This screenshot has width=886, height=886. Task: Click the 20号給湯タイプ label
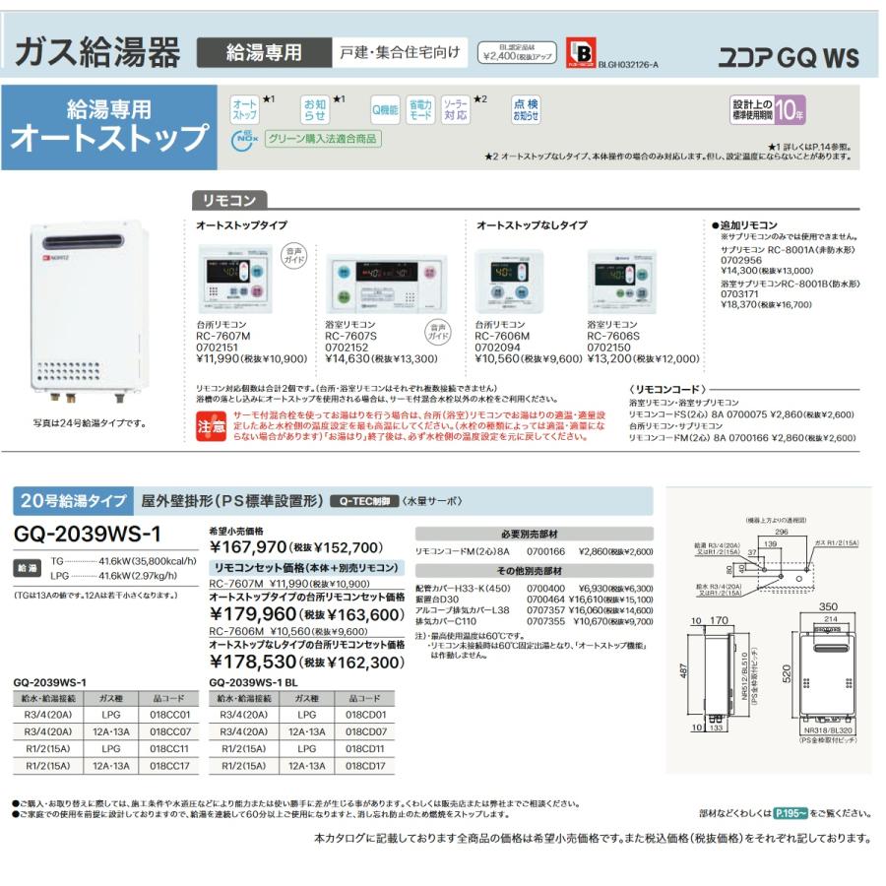tap(72, 501)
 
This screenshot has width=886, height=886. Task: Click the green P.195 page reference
tap(791, 813)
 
